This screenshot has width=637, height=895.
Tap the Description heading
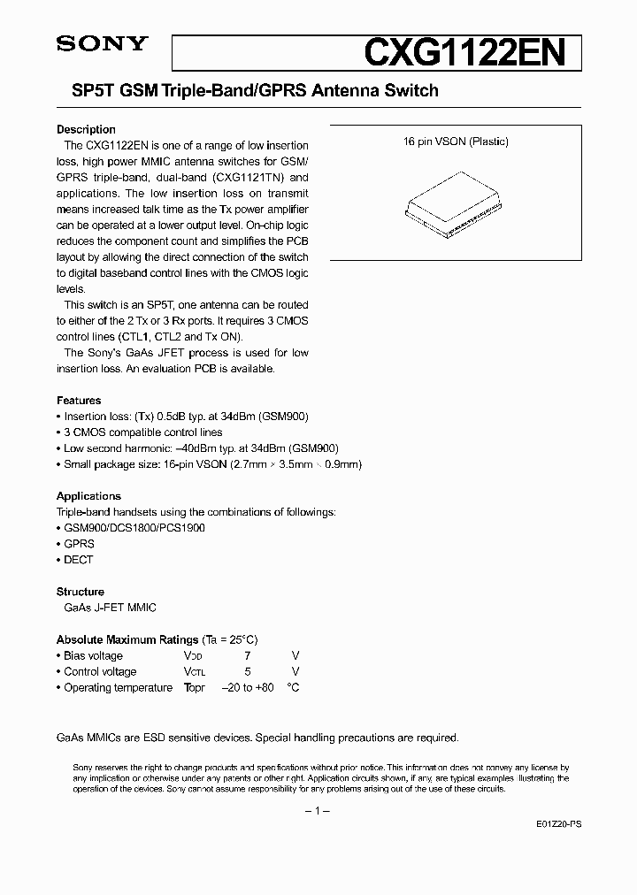86,129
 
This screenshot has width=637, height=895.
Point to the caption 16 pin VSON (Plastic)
456,142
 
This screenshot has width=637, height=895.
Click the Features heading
79,401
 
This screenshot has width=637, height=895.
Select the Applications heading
88,496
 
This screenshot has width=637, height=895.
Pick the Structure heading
81,592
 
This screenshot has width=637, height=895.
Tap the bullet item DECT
78,560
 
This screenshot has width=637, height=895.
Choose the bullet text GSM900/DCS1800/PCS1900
134,528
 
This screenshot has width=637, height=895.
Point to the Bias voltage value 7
248,655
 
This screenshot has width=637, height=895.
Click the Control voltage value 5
248,671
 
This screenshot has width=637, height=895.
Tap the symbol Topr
195,687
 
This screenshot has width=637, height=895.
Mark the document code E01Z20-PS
559,823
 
